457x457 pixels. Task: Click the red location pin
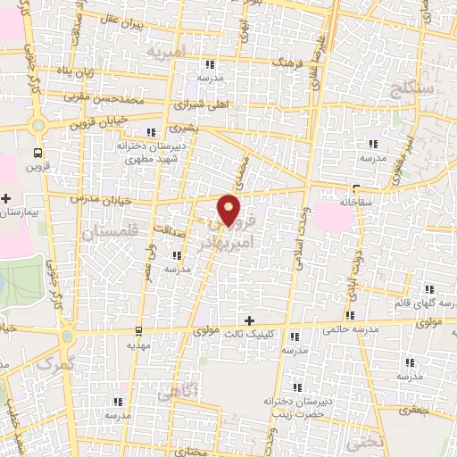(229, 209)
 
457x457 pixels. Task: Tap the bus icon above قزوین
(37, 152)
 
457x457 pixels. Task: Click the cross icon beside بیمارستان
(7, 198)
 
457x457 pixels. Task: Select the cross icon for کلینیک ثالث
(249, 320)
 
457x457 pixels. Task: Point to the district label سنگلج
(411, 89)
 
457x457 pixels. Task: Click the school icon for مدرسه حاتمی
(353, 315)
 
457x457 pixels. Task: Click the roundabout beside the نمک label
(67, 337)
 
